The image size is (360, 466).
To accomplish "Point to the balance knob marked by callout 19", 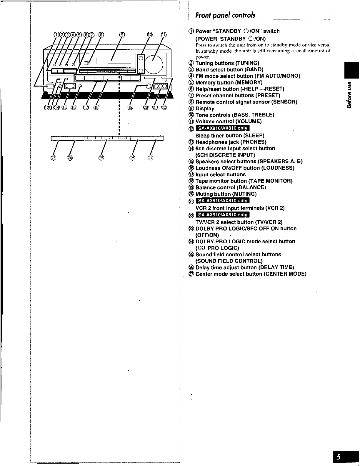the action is tap(149, 86).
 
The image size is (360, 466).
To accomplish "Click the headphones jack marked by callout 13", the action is tap(60, 86).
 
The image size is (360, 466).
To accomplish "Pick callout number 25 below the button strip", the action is tap(101, 158).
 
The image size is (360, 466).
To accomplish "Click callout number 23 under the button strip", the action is tap(54, 158).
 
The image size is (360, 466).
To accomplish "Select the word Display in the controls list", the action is tap(205, 109).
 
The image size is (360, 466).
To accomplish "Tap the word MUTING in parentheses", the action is tap(244, 194).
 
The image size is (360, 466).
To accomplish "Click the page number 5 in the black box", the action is tap(339, 457).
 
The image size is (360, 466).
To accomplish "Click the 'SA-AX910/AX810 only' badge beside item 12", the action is tap(223, 128).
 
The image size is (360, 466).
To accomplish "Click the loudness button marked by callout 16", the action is tap(80, 86).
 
